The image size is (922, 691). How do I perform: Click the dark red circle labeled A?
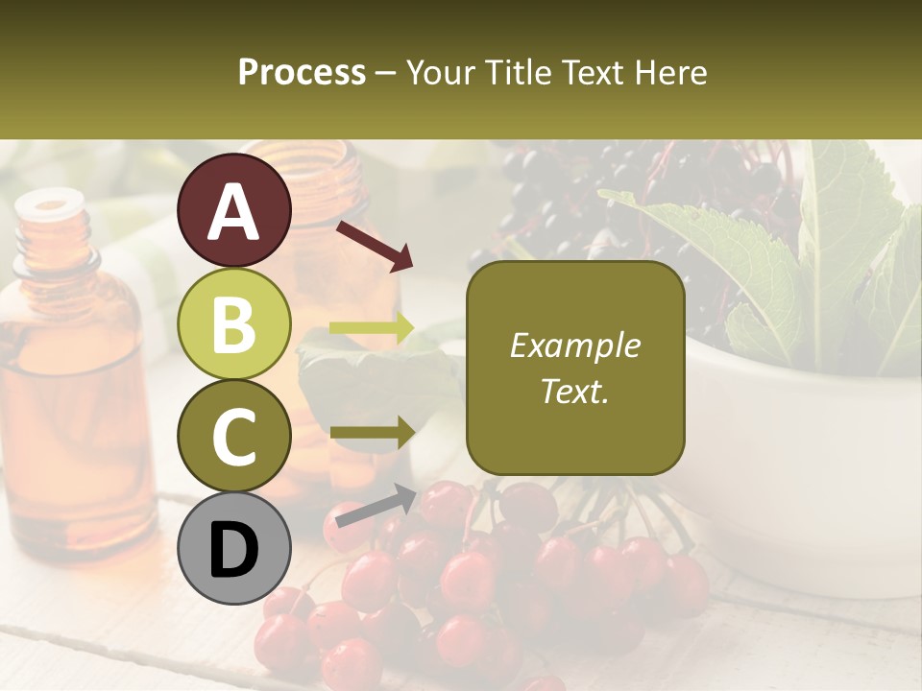pos(234,210)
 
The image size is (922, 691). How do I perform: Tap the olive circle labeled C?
pos(234,436)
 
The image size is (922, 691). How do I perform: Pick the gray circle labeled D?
pos(234,549)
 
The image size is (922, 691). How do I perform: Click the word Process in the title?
pos(302,72)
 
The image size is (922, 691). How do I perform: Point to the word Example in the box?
pos(574,345)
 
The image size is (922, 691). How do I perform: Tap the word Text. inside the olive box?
pos(574,391)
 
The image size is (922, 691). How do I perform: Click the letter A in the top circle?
pos(234,211)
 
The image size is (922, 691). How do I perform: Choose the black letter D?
pos(234,550)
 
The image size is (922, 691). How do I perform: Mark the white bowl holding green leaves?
pos(807,461)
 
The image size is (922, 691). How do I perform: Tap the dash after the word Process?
pos(386,73)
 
